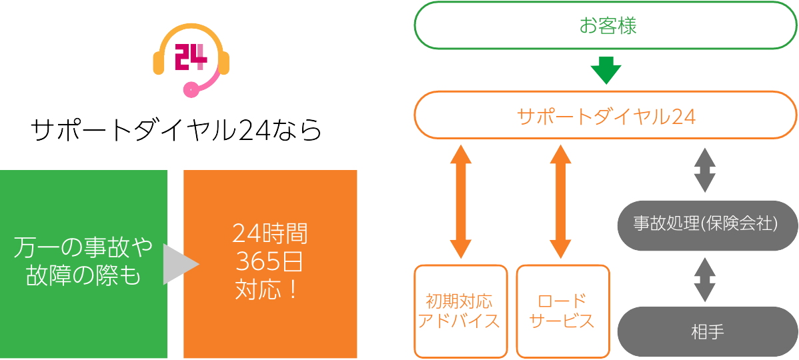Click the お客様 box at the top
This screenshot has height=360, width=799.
[606, 25]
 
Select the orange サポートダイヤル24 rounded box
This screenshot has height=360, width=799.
[606, 115]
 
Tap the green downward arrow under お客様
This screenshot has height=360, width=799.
[606, 69]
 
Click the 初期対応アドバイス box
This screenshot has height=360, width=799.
[458, 311]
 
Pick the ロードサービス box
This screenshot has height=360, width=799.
[562, 311]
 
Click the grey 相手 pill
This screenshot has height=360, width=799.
[707, 331]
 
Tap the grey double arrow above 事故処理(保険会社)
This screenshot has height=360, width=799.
[705, 169]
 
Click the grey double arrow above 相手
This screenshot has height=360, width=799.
[705, 279]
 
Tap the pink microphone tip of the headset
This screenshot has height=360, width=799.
[191, 89]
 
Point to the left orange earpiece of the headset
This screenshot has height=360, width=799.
[159, 61]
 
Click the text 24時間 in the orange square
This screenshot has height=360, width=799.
[270, 234]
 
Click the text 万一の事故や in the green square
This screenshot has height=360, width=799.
[83, 249]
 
